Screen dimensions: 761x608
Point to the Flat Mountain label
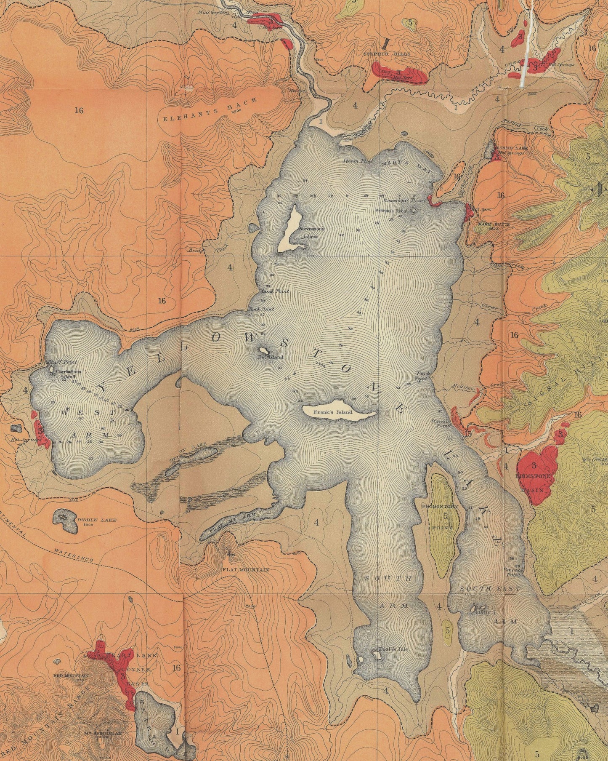pos(245,569)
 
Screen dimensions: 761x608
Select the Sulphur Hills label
pos(384,54)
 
